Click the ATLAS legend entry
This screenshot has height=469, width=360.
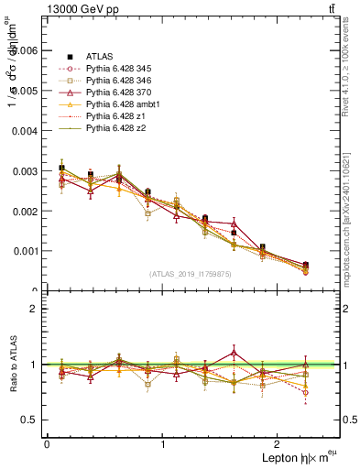point(100,57)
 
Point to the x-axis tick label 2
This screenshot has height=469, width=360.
point(278,444)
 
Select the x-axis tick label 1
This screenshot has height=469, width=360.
point(163,444)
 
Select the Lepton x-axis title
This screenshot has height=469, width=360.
point(287,457)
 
